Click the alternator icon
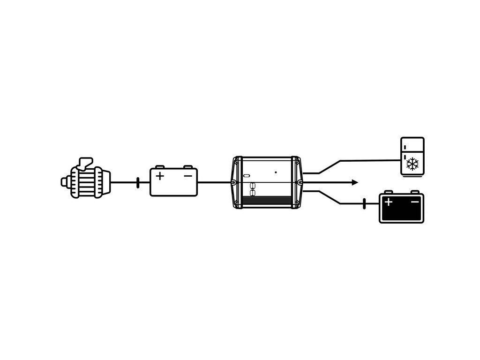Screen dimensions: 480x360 pyautogui.click(x=86, y=180)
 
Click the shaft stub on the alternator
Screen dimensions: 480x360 pyautogui.click(x=63, y=181)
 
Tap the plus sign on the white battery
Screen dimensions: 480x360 pyautogui.click(x=160, y=176)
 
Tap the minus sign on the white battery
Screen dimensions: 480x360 pyautogui.click(x=187, y=176)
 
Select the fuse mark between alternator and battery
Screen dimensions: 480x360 pyautogui.click(x=138, y=182)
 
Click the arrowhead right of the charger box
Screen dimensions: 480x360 pyautogui.click(x=355, y=182)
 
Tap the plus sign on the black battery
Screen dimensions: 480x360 pyautogui.click(x=388, y=202)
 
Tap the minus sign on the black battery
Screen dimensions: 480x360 pyautogui.click(x=415, y=202)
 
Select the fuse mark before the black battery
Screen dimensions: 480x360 pyautogui.click(x=364, y=204)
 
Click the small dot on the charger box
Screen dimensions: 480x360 pyautogui.click(x=276, y=172)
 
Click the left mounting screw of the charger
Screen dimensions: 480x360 pyautogui.click(x=233, y=182)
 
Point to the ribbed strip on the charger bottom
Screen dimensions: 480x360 pyautogui.click(x=267, y=202)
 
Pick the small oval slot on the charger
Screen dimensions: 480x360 pyautogui.click(x=247, y=176)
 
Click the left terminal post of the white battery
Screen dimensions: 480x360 pyautogui.click(x=160, y=166)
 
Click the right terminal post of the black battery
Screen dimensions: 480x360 pyautogui.click(x=414, y=192)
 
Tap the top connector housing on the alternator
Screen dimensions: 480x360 pyautogui.click(x=86, y=162)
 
